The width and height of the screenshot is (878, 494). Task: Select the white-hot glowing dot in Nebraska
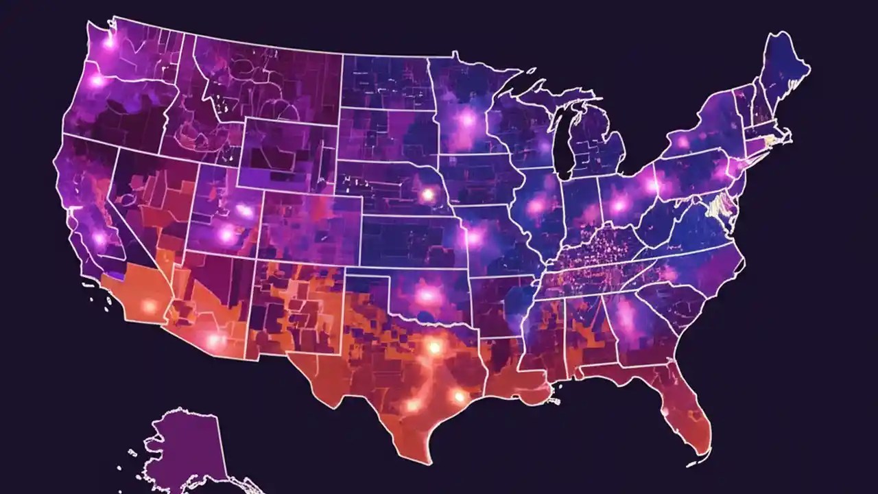tap(427, 195)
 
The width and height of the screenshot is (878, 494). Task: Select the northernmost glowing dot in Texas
tap(434, 347)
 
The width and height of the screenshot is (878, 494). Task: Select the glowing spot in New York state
tap(683, 143)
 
